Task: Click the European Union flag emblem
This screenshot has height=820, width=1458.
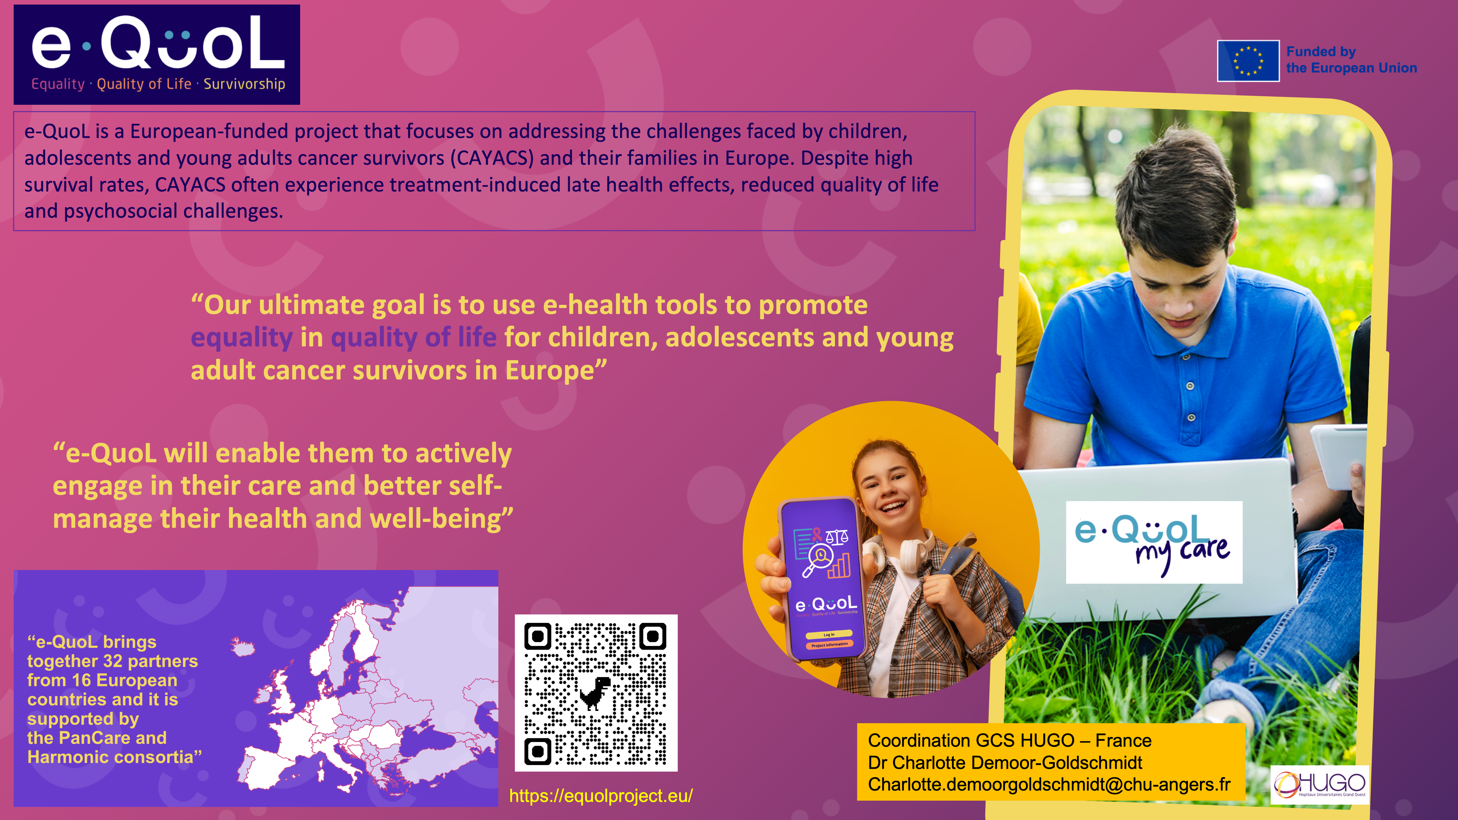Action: pos(1248,61)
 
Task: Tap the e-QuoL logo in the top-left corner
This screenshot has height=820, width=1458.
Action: pos(157,54)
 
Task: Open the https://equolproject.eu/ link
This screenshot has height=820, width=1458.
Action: pos(601,796)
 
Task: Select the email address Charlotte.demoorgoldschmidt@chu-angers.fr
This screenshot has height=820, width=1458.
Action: pos(1049,784)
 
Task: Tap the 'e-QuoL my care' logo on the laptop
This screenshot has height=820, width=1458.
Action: pos(1154,542)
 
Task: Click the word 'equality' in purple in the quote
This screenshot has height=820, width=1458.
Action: pos(242,338)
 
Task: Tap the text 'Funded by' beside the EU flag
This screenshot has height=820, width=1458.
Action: pos(1321,52)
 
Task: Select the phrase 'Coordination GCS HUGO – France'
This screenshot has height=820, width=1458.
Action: pos(1010,740)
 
